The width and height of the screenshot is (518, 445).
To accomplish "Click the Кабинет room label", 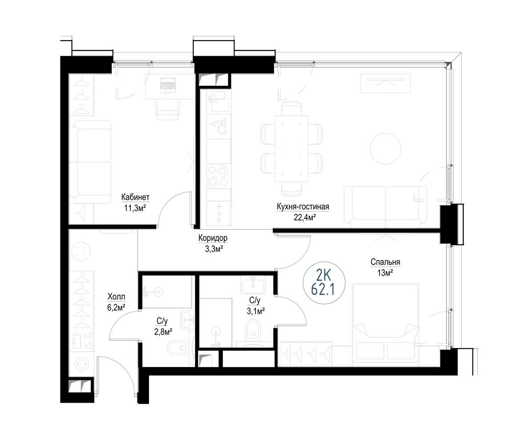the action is coord(135,197).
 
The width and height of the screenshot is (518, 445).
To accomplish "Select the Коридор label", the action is coord(213,238).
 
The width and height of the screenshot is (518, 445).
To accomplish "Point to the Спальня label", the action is coord(385,262).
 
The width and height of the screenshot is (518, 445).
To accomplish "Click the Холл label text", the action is coord(116,297).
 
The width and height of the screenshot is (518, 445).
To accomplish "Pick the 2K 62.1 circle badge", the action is coord(324,282).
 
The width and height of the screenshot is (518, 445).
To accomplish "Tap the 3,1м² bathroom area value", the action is coord(256,311).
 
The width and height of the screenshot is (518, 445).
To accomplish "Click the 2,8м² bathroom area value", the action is coord(163,332).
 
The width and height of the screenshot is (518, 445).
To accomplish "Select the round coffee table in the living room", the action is coord(385,148).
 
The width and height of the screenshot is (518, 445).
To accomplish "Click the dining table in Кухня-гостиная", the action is coord(291,148).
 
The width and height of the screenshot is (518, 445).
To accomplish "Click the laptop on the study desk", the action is coord(168,85).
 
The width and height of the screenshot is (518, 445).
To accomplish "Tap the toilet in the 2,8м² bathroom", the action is coord(178,348).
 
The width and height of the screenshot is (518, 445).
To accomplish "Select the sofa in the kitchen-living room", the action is coord(385,207).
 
